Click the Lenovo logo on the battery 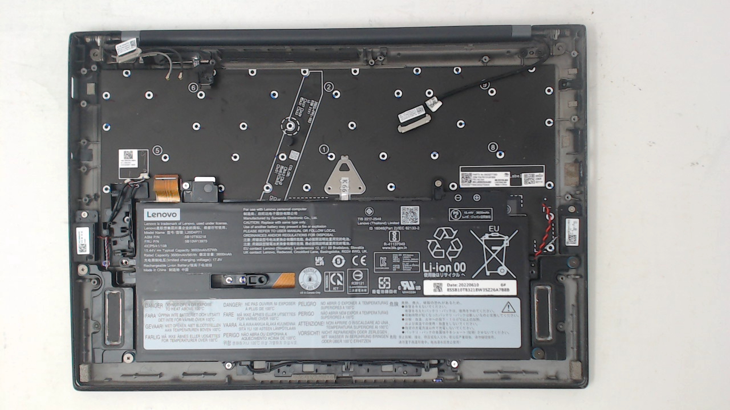[x=162, y=215]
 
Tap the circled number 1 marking [x=323, y=149]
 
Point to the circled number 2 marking [x=328, y=87]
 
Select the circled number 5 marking [x=157, y=149]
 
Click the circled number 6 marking [x=194, y=88]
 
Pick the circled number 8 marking [x=493, y=147]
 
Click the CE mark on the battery [x=359, y=261]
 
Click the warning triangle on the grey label [x=508, y=308]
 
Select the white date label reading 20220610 [x=474, y=288]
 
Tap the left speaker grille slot [x=113, y=317]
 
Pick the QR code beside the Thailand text [x=409, y=215]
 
